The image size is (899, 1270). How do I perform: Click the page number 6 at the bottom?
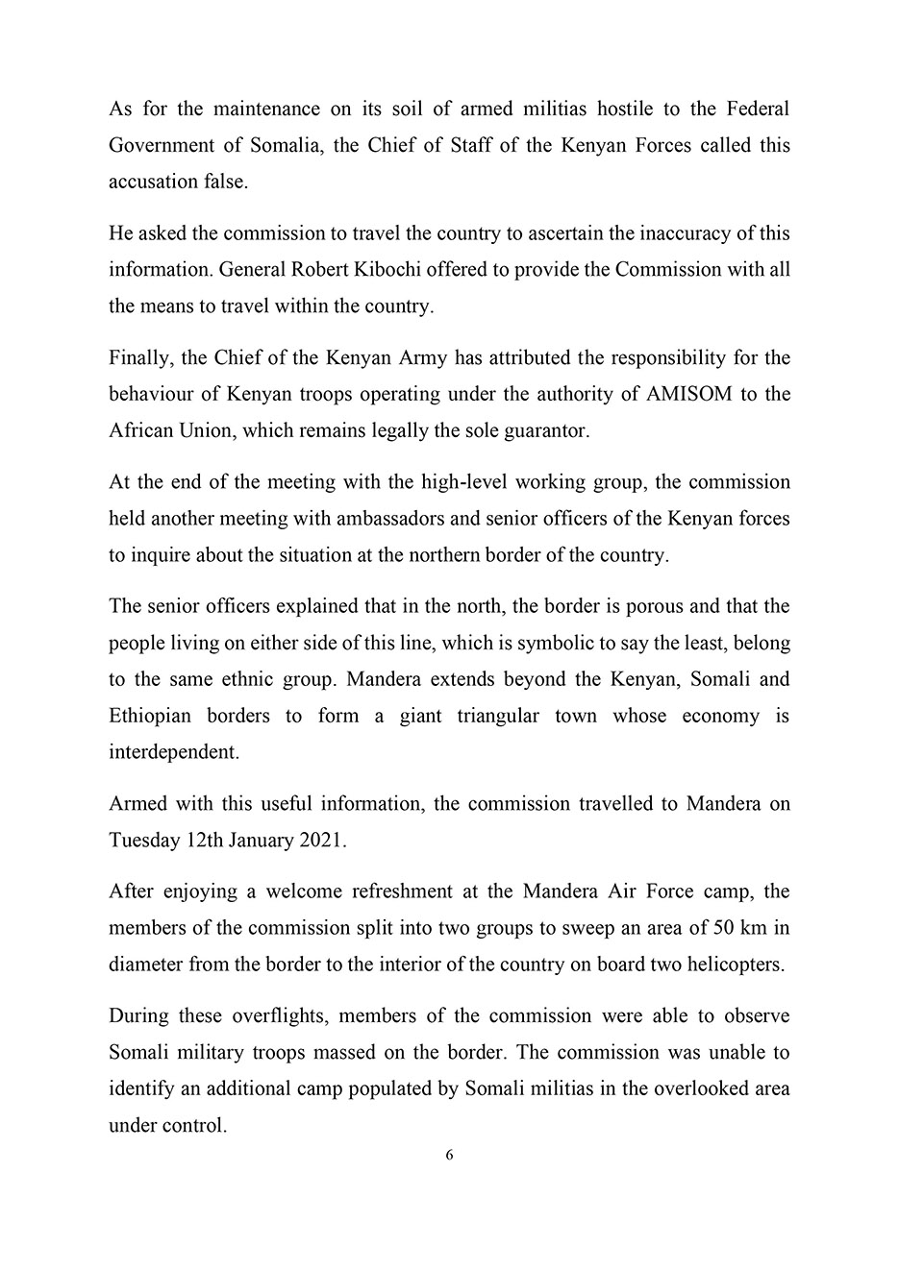coord(449,1156)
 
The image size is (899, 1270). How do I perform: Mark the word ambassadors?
coord(385,518)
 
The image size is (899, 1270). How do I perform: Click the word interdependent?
coord(173,752)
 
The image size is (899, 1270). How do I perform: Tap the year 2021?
coord(322,840)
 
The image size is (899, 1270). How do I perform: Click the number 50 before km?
coord(725,927)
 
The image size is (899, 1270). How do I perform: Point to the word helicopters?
coord(735,964)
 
